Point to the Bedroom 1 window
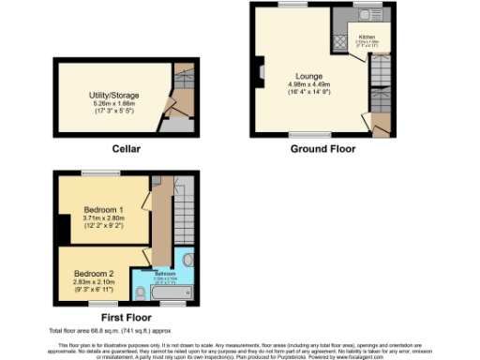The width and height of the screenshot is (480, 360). pos(98,172)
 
